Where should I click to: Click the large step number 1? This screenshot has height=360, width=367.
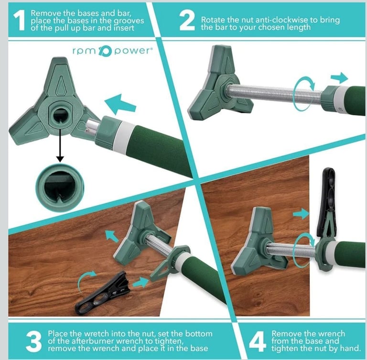20,21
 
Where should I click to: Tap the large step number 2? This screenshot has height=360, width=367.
187,21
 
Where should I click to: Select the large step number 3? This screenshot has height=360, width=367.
34,341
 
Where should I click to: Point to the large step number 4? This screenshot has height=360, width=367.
258,341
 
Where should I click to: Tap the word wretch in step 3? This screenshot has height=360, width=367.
96,333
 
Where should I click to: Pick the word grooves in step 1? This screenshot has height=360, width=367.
129,21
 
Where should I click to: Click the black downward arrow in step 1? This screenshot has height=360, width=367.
60,145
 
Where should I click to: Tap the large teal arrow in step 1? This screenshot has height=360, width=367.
120,105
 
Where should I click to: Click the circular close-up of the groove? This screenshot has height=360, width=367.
60,188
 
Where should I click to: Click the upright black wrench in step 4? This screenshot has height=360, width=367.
326,201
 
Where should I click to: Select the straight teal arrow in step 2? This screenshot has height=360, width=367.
339,78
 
